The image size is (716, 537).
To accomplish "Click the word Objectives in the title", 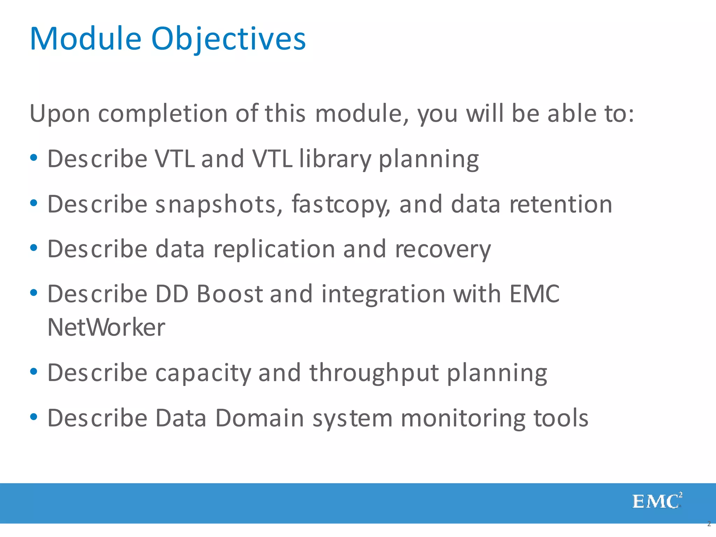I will pyautogui.click(x=228, y=39).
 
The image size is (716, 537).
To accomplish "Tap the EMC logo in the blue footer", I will pyautogui.click(x=657, y=501).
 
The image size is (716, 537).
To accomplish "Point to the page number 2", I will pyautogui.click(x=709, y=524).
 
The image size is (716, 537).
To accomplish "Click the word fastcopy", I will pyautogui.click(x=340, y=205).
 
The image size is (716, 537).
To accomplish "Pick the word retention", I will pyautogui.click(x=560, y=204).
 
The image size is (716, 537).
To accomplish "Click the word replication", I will pyautogui.click(x=274, y=250).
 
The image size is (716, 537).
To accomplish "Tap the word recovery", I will pyautogui.click(x=443, y=250).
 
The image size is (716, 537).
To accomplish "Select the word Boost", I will pyautogui.click(x=229, y=294).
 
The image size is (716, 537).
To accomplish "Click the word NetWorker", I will pyautogui.click(x=106, y=328).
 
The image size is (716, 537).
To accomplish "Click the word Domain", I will pyautogui.click(x=259, y=418).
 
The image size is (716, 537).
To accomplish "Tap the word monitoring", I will pyautogui.click(x=463, y=418).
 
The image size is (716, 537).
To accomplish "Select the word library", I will pyautogui.click(x=335, y=159).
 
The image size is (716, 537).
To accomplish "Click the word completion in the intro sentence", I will pyautogui.click(x=163, y=114).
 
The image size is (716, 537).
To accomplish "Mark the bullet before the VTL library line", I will pyautogui.click(x=34, y=158).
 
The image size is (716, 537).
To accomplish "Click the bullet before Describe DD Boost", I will pyautogui.click(x=34, y=293).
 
